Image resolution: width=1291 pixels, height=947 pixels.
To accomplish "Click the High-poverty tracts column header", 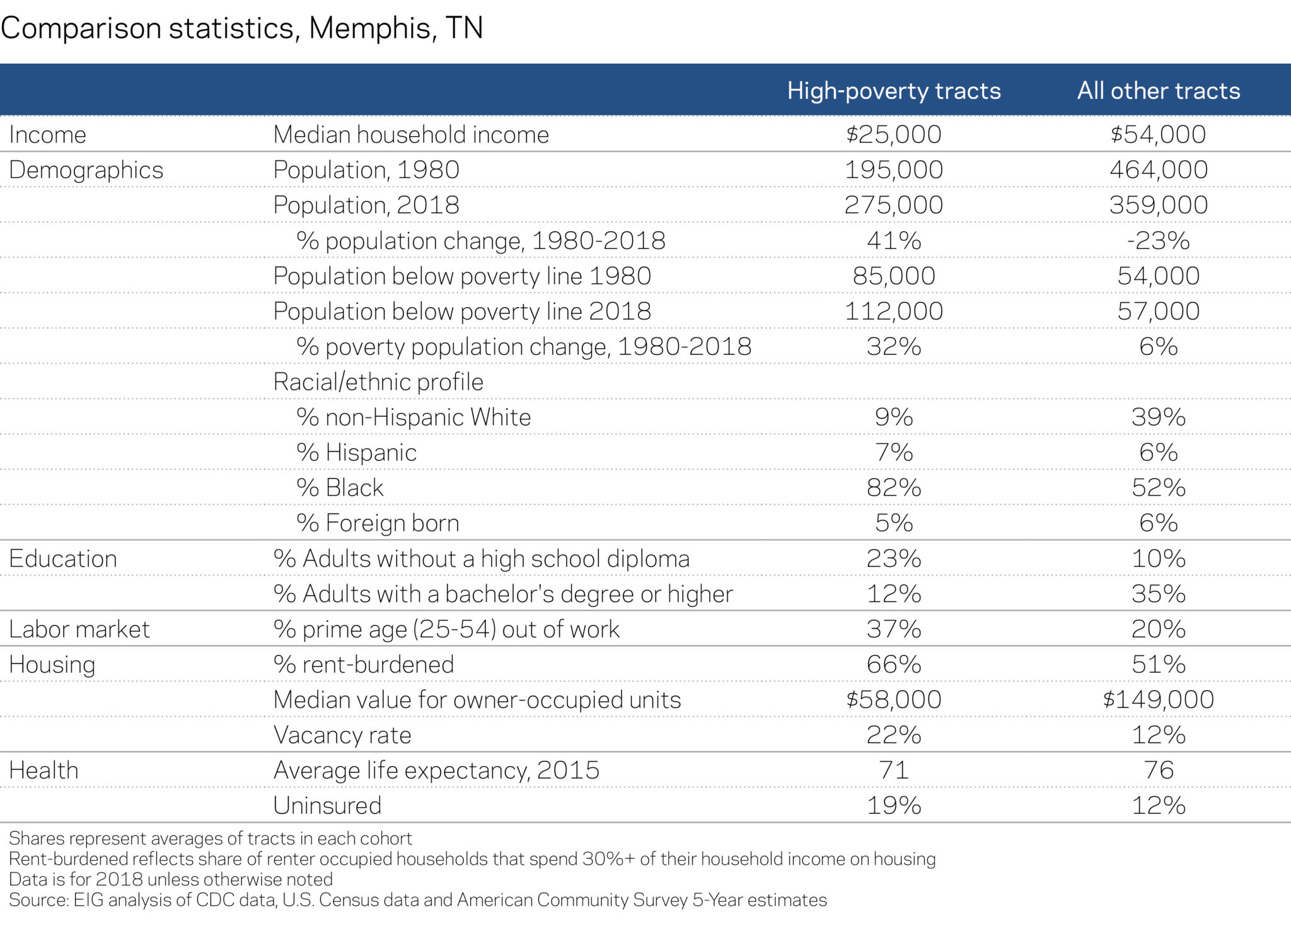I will point(893,91).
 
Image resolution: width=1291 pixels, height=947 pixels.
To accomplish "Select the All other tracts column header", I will point(1158,91).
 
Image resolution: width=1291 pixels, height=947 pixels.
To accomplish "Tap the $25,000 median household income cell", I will point(893,134).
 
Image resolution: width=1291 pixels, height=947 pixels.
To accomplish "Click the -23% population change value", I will point(1158,240).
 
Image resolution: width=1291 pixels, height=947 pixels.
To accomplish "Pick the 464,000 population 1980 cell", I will point(1158,170).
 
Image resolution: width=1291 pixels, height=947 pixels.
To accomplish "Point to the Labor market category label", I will point(79,629).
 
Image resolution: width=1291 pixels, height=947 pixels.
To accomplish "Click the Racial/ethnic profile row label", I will point(378,382).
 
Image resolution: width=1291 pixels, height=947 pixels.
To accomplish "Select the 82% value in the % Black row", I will point(893,488).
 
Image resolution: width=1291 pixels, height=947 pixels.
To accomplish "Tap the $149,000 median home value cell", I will point(1158,700).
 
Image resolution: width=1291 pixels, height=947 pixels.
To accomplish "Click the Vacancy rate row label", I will point(342,735).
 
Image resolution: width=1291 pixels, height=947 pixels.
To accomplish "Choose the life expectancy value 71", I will point(893,770).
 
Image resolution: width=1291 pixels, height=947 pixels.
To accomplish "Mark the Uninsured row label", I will point(327,806).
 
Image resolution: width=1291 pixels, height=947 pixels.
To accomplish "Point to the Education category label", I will point(63,559).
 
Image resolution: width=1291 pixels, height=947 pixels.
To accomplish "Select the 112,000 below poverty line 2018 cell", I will point(893,311).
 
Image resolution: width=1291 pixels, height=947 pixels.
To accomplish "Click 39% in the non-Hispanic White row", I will point(1158,417).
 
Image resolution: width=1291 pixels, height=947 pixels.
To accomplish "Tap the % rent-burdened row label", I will point(364,665).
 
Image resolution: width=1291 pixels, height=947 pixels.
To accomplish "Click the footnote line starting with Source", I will point(417,900).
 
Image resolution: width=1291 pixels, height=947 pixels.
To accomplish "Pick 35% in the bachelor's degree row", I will point(1158,594).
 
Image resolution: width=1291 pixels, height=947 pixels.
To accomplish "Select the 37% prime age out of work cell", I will point(893,629).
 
